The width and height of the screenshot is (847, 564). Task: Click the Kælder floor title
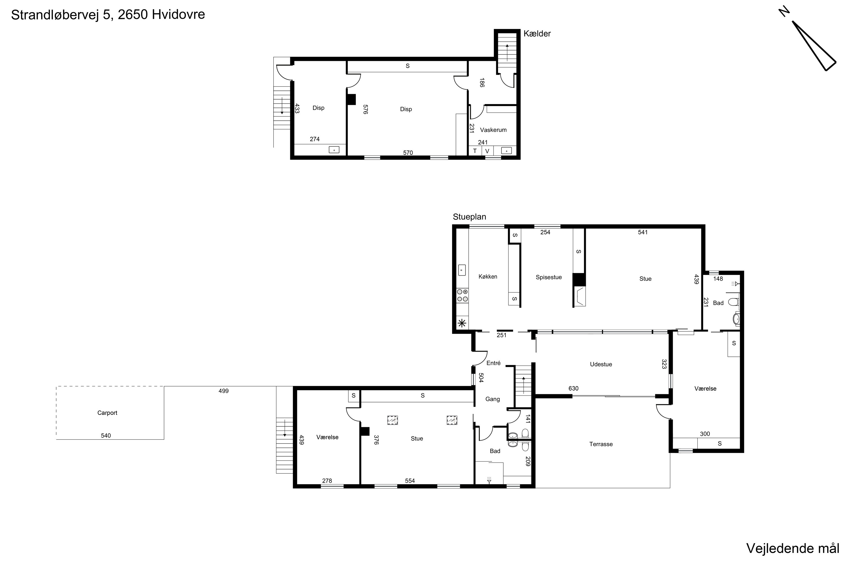point(537,34)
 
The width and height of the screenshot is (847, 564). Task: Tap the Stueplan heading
point(470,217)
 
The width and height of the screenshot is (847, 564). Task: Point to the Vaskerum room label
point(493,130)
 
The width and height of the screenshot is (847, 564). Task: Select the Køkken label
point(488,277)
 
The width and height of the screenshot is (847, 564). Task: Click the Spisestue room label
point(549,277)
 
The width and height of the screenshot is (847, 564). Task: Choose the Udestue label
point(601,364)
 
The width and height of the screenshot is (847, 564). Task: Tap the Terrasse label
point(601,444)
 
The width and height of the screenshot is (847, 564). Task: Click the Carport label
point(107,413)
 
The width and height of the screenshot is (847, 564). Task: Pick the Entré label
point(493,363)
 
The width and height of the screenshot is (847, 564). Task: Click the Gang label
point(492,399)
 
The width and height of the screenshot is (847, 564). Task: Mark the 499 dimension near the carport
point(224,391)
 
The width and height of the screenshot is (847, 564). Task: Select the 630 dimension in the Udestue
point(573,389)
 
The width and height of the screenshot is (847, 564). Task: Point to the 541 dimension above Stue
point(643,232)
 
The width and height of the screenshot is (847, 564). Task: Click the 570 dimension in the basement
point(408,153)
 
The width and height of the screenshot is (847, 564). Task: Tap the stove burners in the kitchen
point(462,295)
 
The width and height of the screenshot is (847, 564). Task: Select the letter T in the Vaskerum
point(475,151)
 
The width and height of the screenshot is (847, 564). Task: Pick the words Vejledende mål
point(793,548)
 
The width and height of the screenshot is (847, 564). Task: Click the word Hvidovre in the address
point(178,14)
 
